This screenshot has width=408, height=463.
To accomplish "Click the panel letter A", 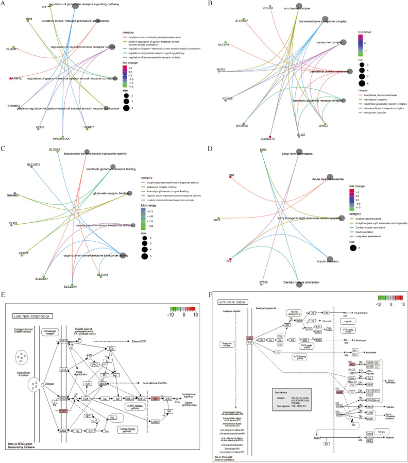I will click(x=4, y=4).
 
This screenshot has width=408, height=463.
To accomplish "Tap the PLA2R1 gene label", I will click(x=14, y=49).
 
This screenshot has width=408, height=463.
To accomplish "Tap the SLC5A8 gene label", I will click(x=55, y=150).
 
